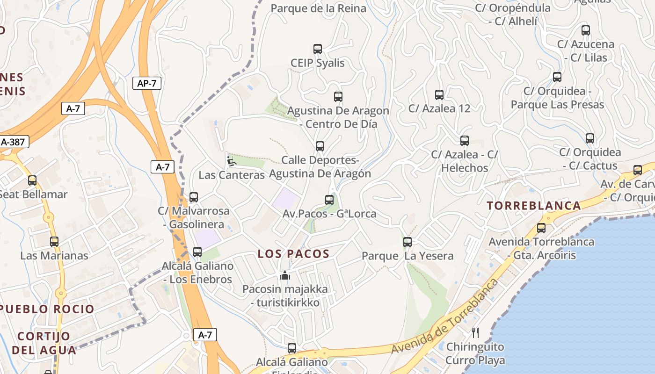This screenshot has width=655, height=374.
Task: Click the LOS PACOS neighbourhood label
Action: pyautogui.click(x=293, y=254)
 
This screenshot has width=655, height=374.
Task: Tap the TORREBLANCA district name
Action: pyautogui.click(x=534, y=205)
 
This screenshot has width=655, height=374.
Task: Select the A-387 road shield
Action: pyautogui.click(x=13, y=142)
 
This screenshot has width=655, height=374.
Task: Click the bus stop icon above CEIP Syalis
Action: pyautogui.click(x=318, y=49)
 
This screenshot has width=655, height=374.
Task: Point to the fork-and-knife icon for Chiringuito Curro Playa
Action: pyautogui.click(x=475, y=333)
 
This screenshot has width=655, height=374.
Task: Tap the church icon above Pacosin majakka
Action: pyautogui.click(x=285, y=275)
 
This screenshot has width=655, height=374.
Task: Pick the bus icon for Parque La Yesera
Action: pyautogui.click(x=408, y=242)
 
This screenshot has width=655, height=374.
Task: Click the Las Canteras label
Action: pyautogui.click(x=232, y=175)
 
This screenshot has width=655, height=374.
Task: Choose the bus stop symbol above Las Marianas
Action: pyautogui.click(x=54, y=242)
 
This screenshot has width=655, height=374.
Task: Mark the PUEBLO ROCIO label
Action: pyautogui.click(x=47, y=309)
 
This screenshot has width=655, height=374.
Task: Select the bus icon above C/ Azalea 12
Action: pyautogui.click(x=439, y=95)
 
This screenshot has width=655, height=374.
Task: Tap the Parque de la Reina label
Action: pyautogui.click(x=318, y=8)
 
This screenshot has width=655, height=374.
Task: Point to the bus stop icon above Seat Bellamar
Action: pyautogui.click(x=32, y=180)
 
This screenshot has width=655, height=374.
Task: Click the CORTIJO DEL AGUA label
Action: pyautogui.click(x=44, y=343)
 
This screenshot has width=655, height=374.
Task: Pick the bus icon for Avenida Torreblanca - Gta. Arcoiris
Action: pyautogui.click(x=541, y=228)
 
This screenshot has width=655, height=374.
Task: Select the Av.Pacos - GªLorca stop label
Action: pyautogui.click(x=329, y=214)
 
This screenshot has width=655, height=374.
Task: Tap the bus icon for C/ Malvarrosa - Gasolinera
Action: pyautogui.click(x=194, y=197)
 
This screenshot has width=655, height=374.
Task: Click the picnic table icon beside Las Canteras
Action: pyautogui.click(x=231, y=161)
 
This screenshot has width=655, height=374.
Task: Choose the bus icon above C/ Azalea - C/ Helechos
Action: pyautogui.click(x=465, y=141)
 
